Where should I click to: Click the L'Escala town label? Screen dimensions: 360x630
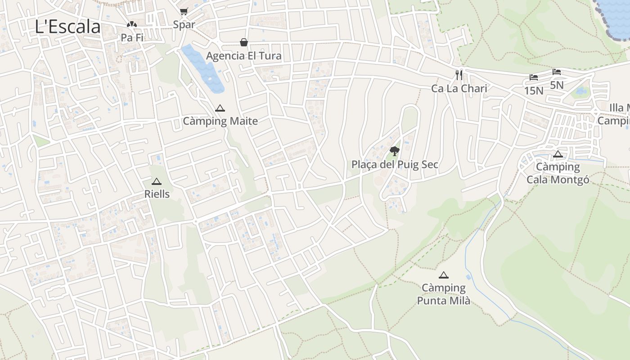click(67, 27)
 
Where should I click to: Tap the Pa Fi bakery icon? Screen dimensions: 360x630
click(132, 25)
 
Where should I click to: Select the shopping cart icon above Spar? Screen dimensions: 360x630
click(184, 11)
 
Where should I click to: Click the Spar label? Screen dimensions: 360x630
click(184, 25)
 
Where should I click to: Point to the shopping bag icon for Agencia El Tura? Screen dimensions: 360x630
click(243, 42)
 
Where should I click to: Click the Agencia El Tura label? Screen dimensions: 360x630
click(243, 56)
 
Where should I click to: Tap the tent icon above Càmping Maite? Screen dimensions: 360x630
click(220, 108)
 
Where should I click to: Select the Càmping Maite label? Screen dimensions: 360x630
click(220, 121)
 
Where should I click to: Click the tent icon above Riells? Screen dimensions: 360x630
click(156, 181)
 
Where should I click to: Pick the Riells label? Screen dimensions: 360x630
click(157, 194)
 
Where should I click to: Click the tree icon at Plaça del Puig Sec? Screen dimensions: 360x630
click(394, 151)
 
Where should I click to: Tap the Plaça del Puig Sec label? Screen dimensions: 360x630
click(395, 165)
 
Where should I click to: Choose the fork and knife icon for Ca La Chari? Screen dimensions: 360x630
click(459, 75)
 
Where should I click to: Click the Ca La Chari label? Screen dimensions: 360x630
click(459, 88)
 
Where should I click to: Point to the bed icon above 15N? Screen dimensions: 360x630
click(534, 77)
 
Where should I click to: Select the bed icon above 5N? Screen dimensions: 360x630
click(557, 72)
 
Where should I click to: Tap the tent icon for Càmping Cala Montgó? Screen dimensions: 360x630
click(558, 154)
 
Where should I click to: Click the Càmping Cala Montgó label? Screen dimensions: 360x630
click(558, 173)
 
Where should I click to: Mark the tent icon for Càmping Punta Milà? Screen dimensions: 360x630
click(444, 275)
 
